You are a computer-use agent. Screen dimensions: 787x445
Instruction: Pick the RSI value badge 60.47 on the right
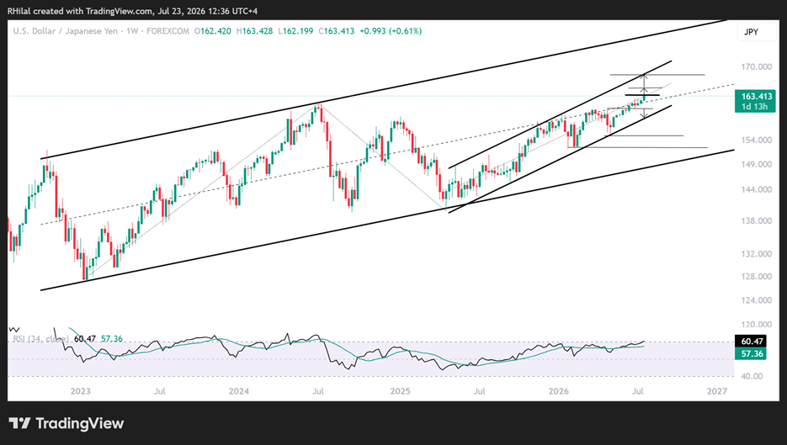(752, 342)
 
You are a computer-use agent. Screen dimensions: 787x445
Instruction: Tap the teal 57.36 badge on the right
(752, 353)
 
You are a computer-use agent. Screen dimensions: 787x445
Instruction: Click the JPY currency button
(751, 32)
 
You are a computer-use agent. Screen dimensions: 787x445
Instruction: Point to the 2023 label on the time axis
(80, 391)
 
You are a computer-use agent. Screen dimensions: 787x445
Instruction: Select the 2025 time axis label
(401, 391)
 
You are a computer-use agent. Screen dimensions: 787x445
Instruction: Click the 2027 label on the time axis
(717, 391)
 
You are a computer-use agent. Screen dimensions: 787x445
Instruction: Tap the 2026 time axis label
(559, 391)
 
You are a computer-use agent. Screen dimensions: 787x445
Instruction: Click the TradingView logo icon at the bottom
(19, 423)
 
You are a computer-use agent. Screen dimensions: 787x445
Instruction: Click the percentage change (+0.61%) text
(406, 31)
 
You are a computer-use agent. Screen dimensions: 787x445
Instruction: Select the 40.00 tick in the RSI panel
(752, 376)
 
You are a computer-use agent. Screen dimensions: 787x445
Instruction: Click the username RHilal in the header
(19, 11)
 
